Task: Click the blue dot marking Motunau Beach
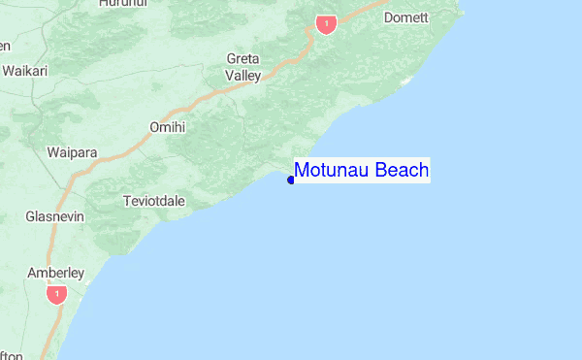click(291, 179)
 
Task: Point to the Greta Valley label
click(243, 67)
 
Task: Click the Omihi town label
click(167, 127)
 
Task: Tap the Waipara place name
click(71, 152)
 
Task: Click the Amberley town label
click(56, 273)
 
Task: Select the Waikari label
click(26, 71)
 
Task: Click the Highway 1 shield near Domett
click(326, 23)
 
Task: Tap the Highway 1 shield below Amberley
click(57, 293)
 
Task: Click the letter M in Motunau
click(303, 171)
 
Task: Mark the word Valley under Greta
click(243, 75)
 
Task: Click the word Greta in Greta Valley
click(243, 58)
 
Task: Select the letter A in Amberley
click(32, 273)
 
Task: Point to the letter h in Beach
click(423, 171)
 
